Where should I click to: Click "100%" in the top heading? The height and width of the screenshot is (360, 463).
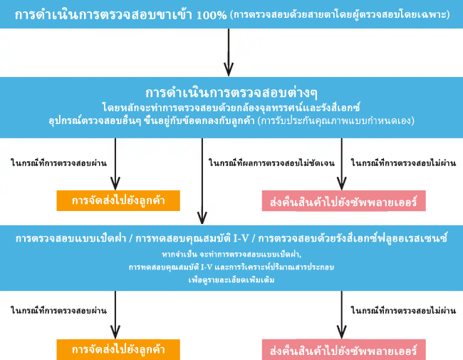[212, 15]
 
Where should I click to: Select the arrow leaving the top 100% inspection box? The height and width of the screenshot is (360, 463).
[229, 52]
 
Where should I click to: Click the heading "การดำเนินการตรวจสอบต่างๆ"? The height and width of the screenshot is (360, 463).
[231, 93]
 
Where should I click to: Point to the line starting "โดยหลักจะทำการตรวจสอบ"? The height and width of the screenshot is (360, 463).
[231, 108]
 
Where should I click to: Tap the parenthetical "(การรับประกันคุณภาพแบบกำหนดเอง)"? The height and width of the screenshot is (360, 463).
[336, 120]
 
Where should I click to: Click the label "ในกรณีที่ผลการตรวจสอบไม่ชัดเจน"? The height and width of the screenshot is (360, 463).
[271, 163]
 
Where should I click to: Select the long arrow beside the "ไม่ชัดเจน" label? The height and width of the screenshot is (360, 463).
[202, 181]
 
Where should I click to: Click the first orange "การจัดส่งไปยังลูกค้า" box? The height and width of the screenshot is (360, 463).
[118, 201]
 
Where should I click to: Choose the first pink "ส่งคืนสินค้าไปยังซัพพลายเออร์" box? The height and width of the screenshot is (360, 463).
[344, 201]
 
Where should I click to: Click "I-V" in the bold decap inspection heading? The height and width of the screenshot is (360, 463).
[241, 238]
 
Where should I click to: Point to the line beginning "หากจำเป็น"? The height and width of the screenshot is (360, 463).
[231, 254]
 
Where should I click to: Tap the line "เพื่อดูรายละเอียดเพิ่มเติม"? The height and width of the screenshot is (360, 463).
[231, 279]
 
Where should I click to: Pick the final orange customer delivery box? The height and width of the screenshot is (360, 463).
[118, 349]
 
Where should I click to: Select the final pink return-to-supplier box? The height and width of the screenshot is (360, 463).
[344, 349]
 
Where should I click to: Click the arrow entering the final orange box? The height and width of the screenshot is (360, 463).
[115, 315]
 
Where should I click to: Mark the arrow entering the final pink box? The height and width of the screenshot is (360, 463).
[342, 315]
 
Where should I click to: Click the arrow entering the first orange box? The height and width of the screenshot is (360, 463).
[115, 164]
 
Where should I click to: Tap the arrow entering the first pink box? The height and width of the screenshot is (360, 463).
[342, 164]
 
